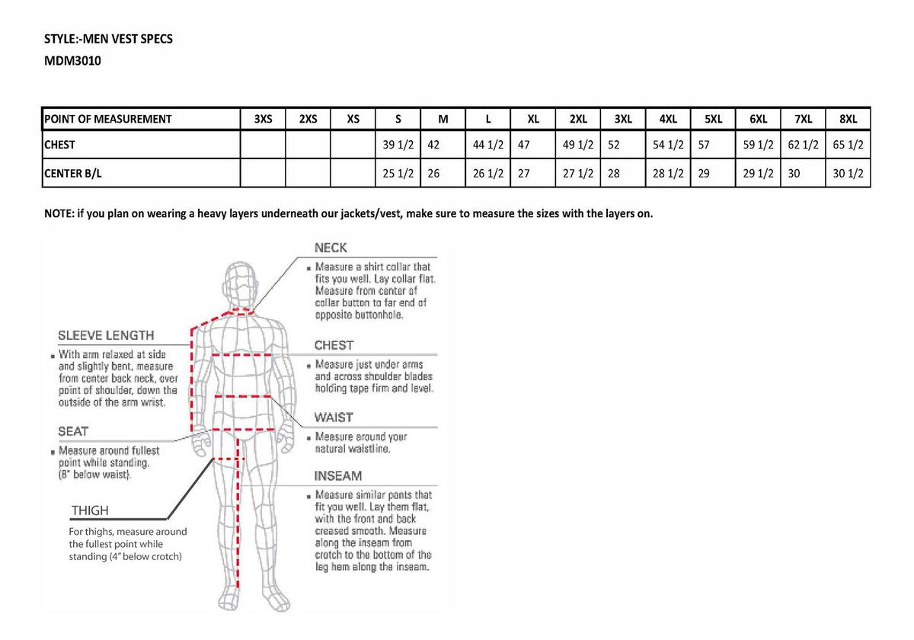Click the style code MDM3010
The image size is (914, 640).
[x=73, y=61]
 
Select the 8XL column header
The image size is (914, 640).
[x=848, y=119]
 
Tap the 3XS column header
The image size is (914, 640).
[x=263, y=119]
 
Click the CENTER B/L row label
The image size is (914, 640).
[x=73, y=173]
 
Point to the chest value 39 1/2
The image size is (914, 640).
[x=398, y=144]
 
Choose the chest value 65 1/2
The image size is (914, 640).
[x=848, y=144]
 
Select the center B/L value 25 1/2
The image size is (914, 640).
[x=398, y=173]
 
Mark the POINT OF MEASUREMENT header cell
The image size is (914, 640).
[x=108, y=119]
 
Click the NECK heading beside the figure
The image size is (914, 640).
[x=331, y=248]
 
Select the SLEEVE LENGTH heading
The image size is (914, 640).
[x=106, y=335]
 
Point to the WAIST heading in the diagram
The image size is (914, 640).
[x=334, y=418]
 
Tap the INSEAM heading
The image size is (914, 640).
[x=338, y=475]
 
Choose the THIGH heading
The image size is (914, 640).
[x=90, y=510]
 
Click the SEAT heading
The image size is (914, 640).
[x=73, y=431]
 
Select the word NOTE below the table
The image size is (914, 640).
[x=59, y=213]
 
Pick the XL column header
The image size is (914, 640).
[x=533, y=119]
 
